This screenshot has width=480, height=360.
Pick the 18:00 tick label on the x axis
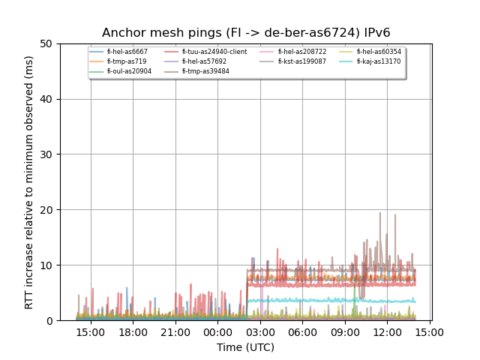[133, 332]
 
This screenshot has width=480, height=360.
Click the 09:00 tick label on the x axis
[344, 332]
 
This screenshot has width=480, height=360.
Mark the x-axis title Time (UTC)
[246, 347]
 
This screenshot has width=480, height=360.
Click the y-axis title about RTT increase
[29, 182]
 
